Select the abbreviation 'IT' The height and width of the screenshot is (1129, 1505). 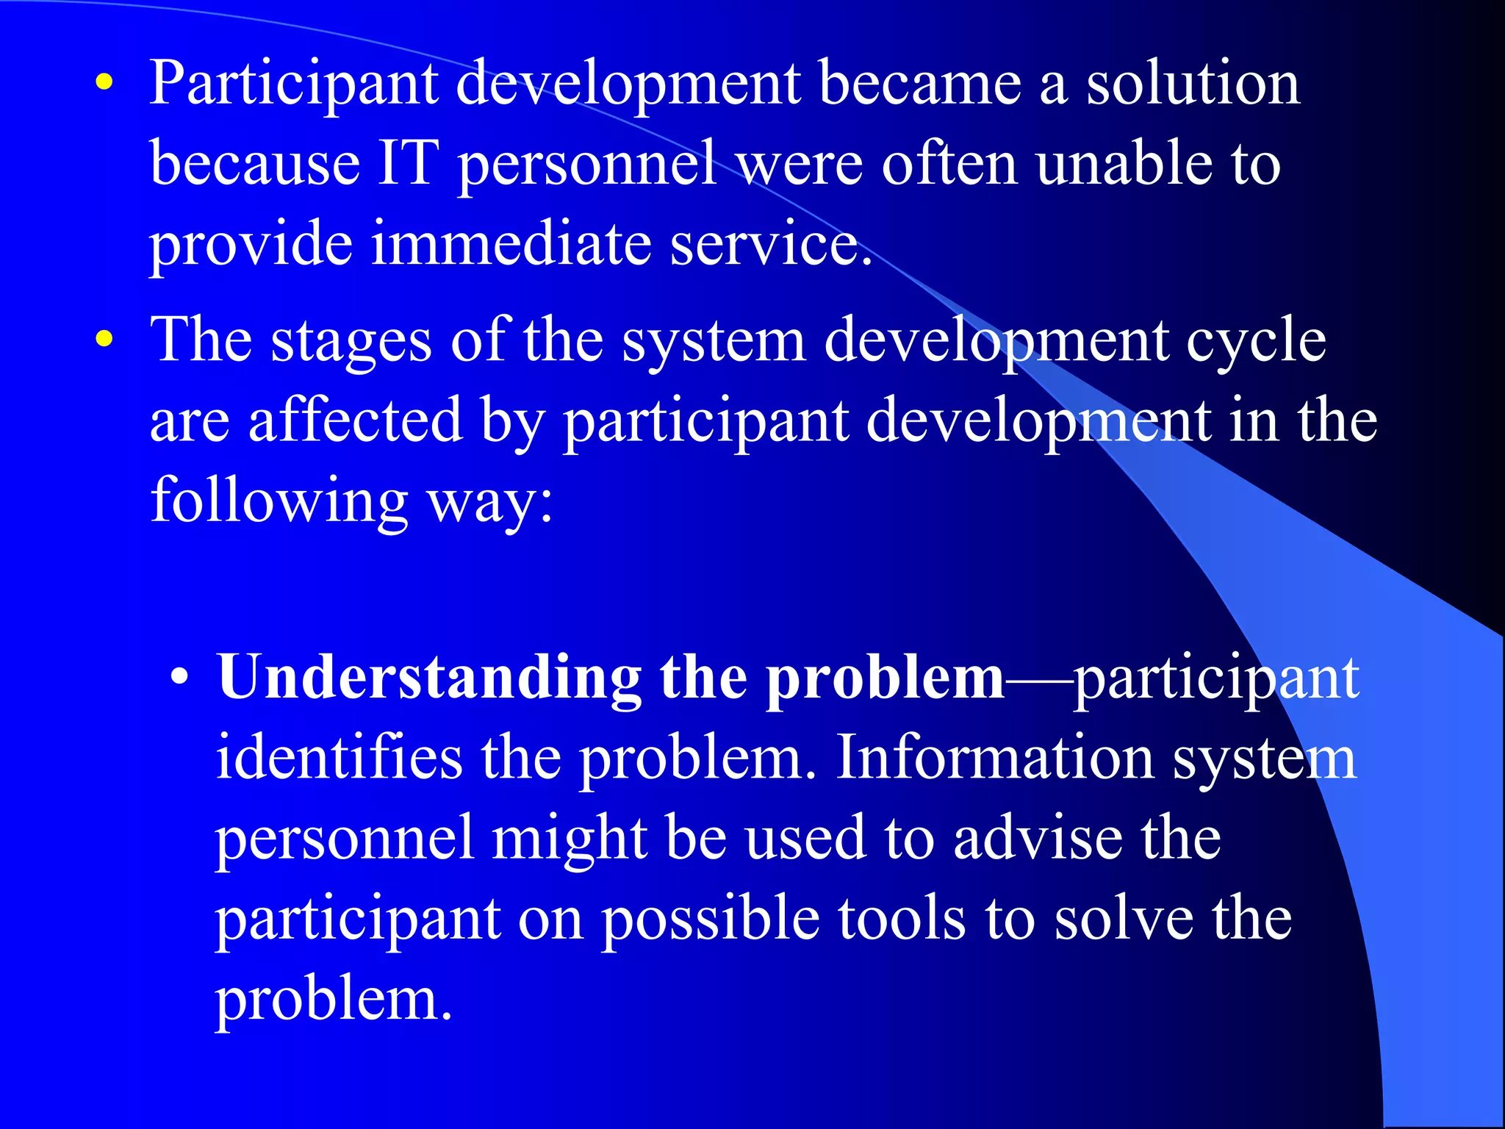click(408, 163)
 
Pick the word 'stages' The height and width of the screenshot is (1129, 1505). click(351, 342)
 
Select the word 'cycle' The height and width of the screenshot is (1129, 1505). click(1256, 342)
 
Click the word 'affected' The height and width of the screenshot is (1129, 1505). click(355, 420)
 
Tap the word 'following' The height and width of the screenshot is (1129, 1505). click(279, 501)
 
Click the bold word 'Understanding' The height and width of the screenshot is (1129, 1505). click(429, 678)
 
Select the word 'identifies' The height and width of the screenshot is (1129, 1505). click(339, 758)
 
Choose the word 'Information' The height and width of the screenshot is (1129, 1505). click(995, 758)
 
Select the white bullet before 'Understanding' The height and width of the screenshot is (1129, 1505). click(179, 677)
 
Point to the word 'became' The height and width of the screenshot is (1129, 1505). click(919, 84)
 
